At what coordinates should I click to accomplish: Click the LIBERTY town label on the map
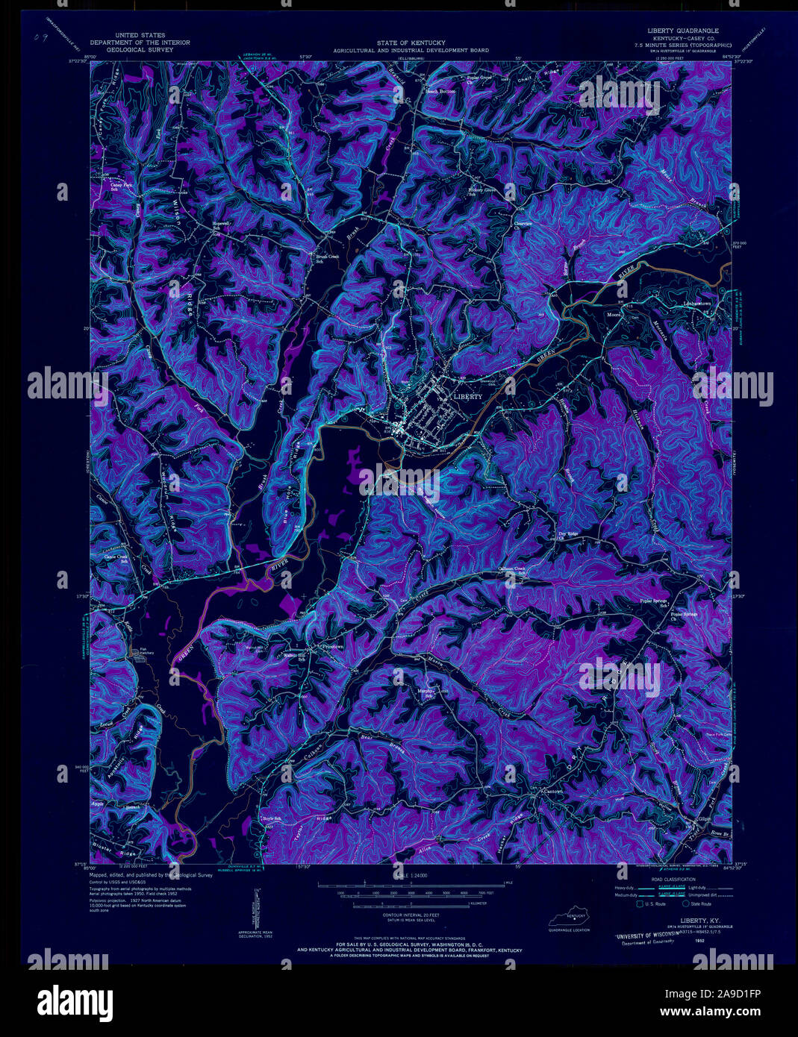468,397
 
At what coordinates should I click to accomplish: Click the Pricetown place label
331,646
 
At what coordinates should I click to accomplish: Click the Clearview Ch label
521,223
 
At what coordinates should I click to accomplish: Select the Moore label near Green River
614,315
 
